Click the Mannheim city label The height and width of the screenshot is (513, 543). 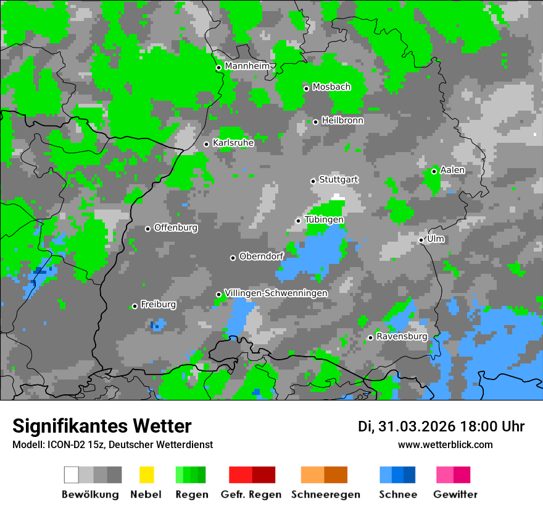pyautogui.click(x=247, y=66)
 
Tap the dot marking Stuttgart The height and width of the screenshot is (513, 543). pyautogui.click(x=313, y=181)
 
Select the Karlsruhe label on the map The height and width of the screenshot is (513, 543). pyautogui.click(x=233, y=143)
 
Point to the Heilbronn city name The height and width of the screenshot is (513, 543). pyautogui.click(x=342, y=121)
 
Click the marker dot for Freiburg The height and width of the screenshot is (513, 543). pyautogui.click(x=135, y=306)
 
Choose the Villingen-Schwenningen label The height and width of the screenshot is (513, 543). pyautogui.click(x=276, y=293)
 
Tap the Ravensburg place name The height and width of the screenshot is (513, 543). pyautogui.click(x=402, y=337)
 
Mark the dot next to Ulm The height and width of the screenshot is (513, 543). pyautogui.click(x=421, y=240)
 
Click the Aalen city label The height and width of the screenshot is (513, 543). pyautogui.click(x=452, y=170)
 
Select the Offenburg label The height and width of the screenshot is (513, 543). pyautogui.click(x=176, y=227)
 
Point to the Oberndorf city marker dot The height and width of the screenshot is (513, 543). pyautogui.click(x=233, y=258)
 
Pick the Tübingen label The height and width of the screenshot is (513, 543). pyautogui.click(x=324, y=219)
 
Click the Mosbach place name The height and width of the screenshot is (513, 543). pyautogui.click(x=331, y=87)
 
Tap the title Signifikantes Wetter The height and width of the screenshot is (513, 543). pyautogui.click(x=102, y=426)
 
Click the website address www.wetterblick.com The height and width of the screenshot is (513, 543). pyautogui.click(x=445, y=444)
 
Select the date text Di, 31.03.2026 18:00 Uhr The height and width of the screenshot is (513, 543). pyautogui.click(x=441, y=426)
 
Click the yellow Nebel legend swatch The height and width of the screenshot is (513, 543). pyautogui.click(x=146, y=475)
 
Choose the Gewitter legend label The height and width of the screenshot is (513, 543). pyautogui.click(x=455, y=494)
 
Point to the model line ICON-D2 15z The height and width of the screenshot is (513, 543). pyautogui.click(x=112, y=444)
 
